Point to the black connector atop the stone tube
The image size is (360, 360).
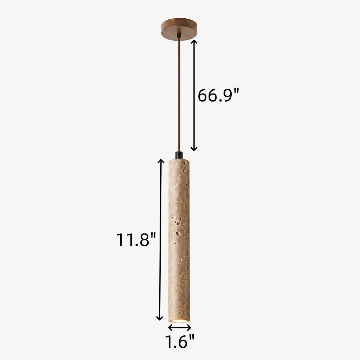click(179, 155)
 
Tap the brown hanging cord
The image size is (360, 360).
click(179, 94)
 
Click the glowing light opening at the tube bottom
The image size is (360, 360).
click(179, 320)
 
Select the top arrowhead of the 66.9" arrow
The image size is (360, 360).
click(194, 41)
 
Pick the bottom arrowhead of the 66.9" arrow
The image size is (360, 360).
click(194, 149)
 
